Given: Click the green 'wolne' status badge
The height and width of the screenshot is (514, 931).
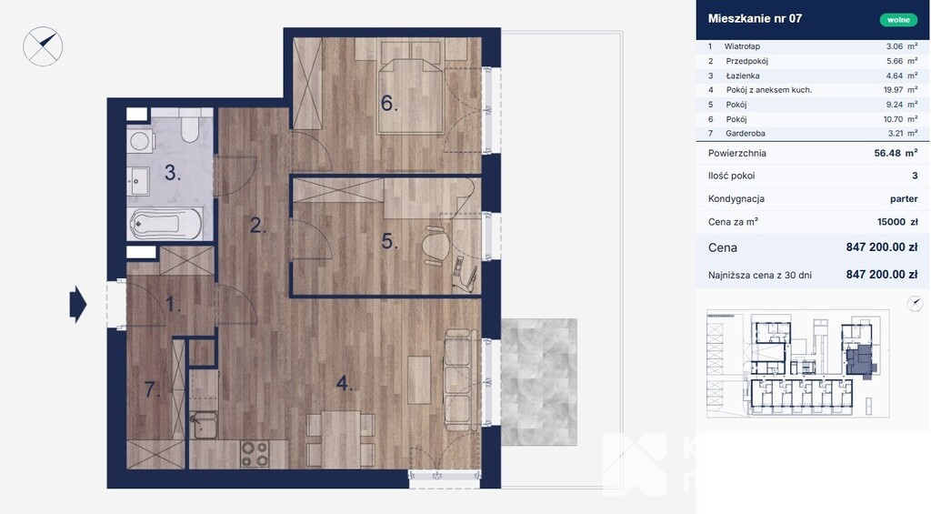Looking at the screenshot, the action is coord(898,20).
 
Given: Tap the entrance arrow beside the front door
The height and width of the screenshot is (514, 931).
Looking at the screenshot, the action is coord(78,304).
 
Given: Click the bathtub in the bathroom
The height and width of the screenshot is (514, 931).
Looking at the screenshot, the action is coord(165,224).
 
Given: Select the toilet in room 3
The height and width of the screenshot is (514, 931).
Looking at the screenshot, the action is coord(190,126).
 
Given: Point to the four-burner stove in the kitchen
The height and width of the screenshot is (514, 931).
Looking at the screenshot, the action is coord(255,454).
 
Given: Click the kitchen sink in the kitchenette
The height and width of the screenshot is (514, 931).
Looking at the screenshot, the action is coord(203,425).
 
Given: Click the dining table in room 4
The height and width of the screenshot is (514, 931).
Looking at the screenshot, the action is coord(341,439).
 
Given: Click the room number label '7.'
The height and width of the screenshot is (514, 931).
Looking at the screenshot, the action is coord(153,389).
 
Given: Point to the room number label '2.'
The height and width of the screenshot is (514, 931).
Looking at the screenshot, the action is coord(258,225).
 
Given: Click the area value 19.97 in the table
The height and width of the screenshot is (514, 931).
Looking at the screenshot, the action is coord(893,90).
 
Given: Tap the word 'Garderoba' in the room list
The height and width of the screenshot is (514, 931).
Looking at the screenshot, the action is coord(746,133).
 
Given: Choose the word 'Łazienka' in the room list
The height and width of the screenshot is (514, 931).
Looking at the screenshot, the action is coord(743,76).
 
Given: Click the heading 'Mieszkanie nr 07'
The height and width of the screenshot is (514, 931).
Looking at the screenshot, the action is coord(755,18).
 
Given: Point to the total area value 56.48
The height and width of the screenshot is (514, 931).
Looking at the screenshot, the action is coord(887,153).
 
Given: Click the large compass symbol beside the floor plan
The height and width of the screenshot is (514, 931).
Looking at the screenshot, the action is coord(43,46).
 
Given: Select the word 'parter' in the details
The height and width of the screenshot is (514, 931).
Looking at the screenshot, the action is coord(904,199).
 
